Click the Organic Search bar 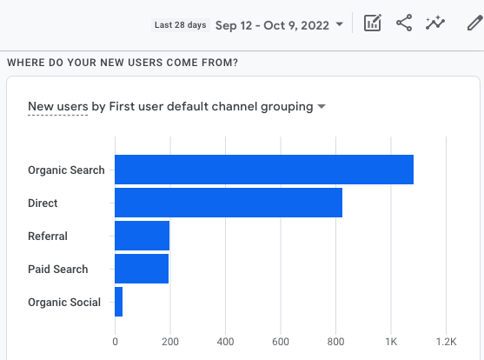(x=264, y=170)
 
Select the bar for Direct (x=229, y=203)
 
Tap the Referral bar (x=142, y=236)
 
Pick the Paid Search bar (x=142, y=269)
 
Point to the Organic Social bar (x=118, y=302)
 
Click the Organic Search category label (x=66, y=170)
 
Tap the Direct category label (x=43, y=203)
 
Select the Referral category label (x=48, y=237)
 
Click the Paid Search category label (x=58, y=270)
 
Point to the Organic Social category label (x=64, y=303)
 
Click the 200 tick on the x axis (x=170, y=342)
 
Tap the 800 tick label (x=335, y=342)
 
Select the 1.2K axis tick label (x=446, y=342)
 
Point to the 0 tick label (x=116, y=342)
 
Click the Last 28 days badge (x=181, y=25)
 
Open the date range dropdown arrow (x=340, y=24)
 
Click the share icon (x=404, y=23)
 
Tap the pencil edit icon (x=474, y=23)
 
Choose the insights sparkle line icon (x=435, y=23)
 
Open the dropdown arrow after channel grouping (x=322, y=107)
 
